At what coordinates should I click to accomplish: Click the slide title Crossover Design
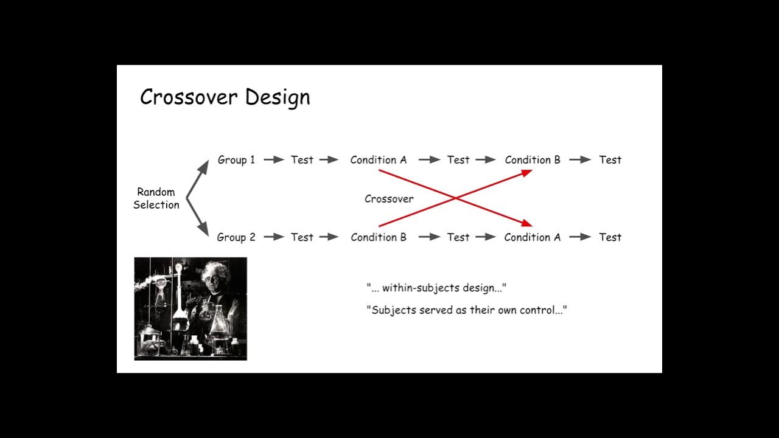(225, 97)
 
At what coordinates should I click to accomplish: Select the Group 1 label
(236, 160)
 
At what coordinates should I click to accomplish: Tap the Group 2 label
(236, 237)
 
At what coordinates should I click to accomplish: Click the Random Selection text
(156, 198)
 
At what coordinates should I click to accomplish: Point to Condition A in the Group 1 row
(378, 160)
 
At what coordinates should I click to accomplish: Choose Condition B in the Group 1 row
(533, 160)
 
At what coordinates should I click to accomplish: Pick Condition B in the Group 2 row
(378, 237)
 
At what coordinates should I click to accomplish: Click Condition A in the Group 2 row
(533, 237)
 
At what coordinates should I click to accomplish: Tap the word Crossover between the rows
(389, 199)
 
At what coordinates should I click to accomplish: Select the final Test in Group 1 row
(610, 160)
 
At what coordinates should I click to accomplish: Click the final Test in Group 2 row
(610, 237)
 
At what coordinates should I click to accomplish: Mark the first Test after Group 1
(302, 160)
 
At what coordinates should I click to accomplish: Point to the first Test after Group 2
(302, 237)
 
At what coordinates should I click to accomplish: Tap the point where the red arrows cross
(455, 198)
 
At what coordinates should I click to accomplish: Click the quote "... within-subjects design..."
(436, 288)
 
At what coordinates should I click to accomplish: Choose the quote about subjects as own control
(467, 310)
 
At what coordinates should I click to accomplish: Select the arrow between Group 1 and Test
(273, 160)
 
